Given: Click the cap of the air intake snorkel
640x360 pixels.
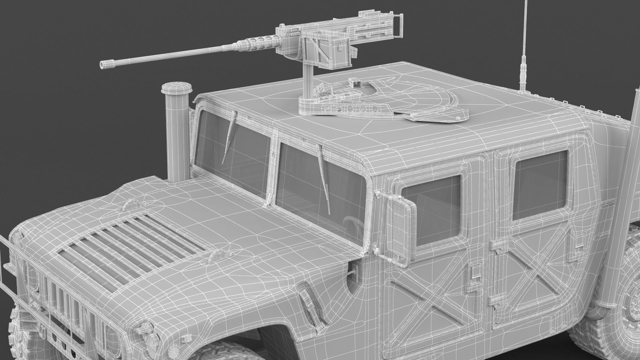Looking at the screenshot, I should [x=177, y=88].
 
